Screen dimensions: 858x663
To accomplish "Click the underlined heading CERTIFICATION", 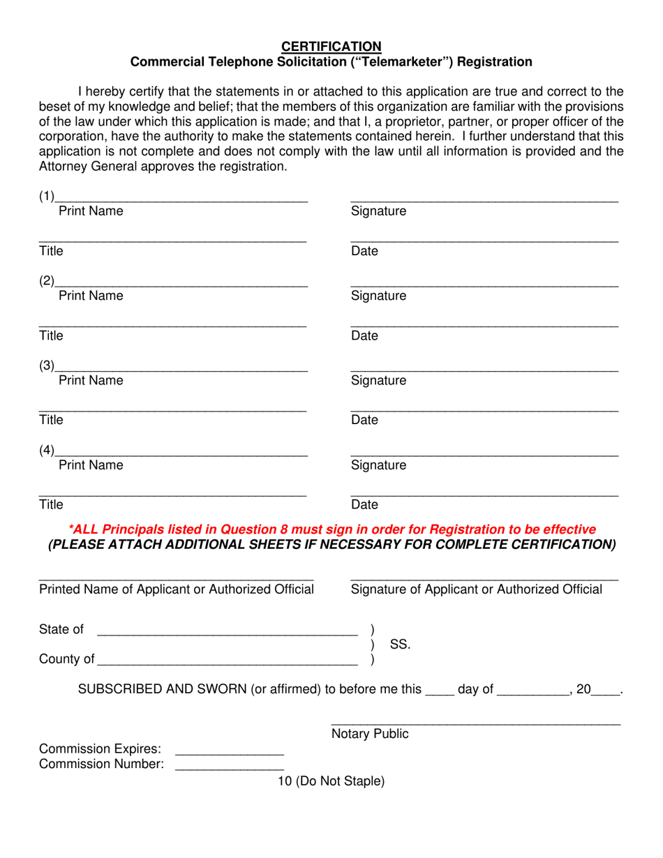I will (x=331, y=46).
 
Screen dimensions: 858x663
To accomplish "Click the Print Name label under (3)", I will (x=91, y=380).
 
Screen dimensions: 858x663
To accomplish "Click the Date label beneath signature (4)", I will (x=364, y=504).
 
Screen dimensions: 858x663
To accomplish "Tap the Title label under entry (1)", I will (x=51, y=251).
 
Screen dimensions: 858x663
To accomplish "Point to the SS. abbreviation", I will (x=400, y=645).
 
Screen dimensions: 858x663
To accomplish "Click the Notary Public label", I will (x=370, y=734).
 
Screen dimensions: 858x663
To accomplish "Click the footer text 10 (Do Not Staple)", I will (x=331, y=781).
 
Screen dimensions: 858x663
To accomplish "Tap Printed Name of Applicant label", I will (x=176, y=589).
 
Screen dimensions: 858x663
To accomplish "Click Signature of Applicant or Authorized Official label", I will (x=477, y=589).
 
